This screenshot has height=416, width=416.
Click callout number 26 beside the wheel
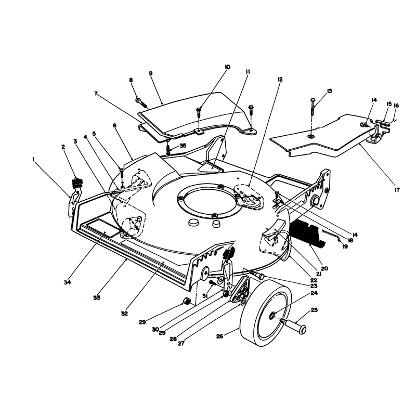[x=219, y=336]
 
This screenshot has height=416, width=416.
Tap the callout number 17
[x=397, y=190]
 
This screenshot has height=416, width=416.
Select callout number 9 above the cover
[x=151, y=73]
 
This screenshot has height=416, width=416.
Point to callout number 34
[x=67, y=282]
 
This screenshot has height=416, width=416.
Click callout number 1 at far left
[x=33, y=159]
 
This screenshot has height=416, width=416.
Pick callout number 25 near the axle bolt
[x=314, y=310]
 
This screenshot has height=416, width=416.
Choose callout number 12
[x=280, y=80]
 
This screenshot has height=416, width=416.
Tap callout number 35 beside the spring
[x=183, y=146]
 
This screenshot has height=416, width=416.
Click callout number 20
[x=324, y=268]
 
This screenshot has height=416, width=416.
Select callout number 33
[x=97, y=297]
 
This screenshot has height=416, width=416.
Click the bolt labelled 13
[x=313, y=106]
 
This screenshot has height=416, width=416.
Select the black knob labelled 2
[x=77, y=184]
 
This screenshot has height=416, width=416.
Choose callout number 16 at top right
[x=396, y=106]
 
